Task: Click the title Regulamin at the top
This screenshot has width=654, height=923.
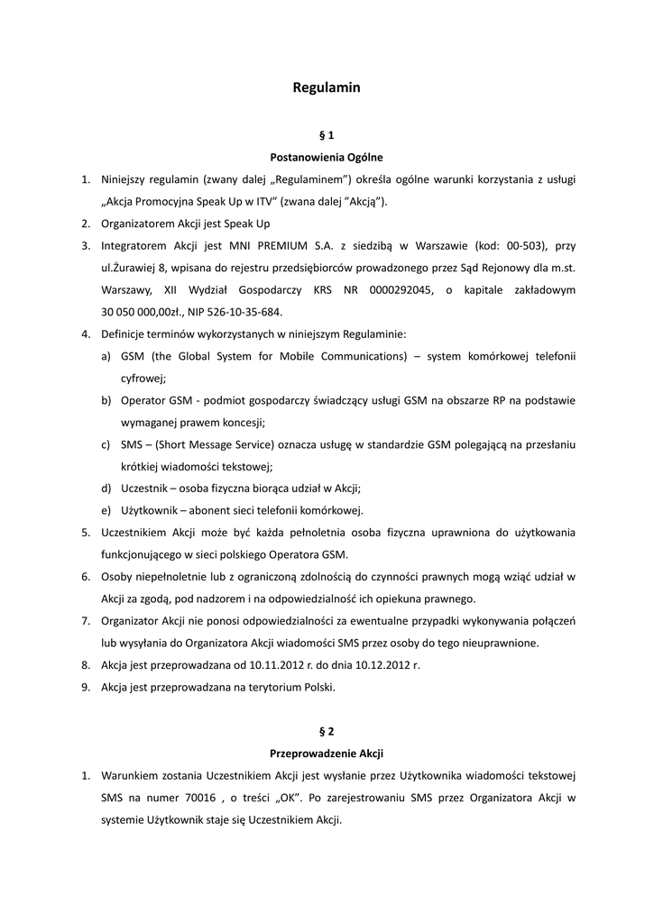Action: [x=327, y=87]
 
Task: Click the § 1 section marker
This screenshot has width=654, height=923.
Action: [x=327, y=135]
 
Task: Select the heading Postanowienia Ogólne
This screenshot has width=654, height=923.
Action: [x=327, y=157]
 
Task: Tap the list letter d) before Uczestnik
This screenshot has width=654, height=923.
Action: [x=106, y=489]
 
